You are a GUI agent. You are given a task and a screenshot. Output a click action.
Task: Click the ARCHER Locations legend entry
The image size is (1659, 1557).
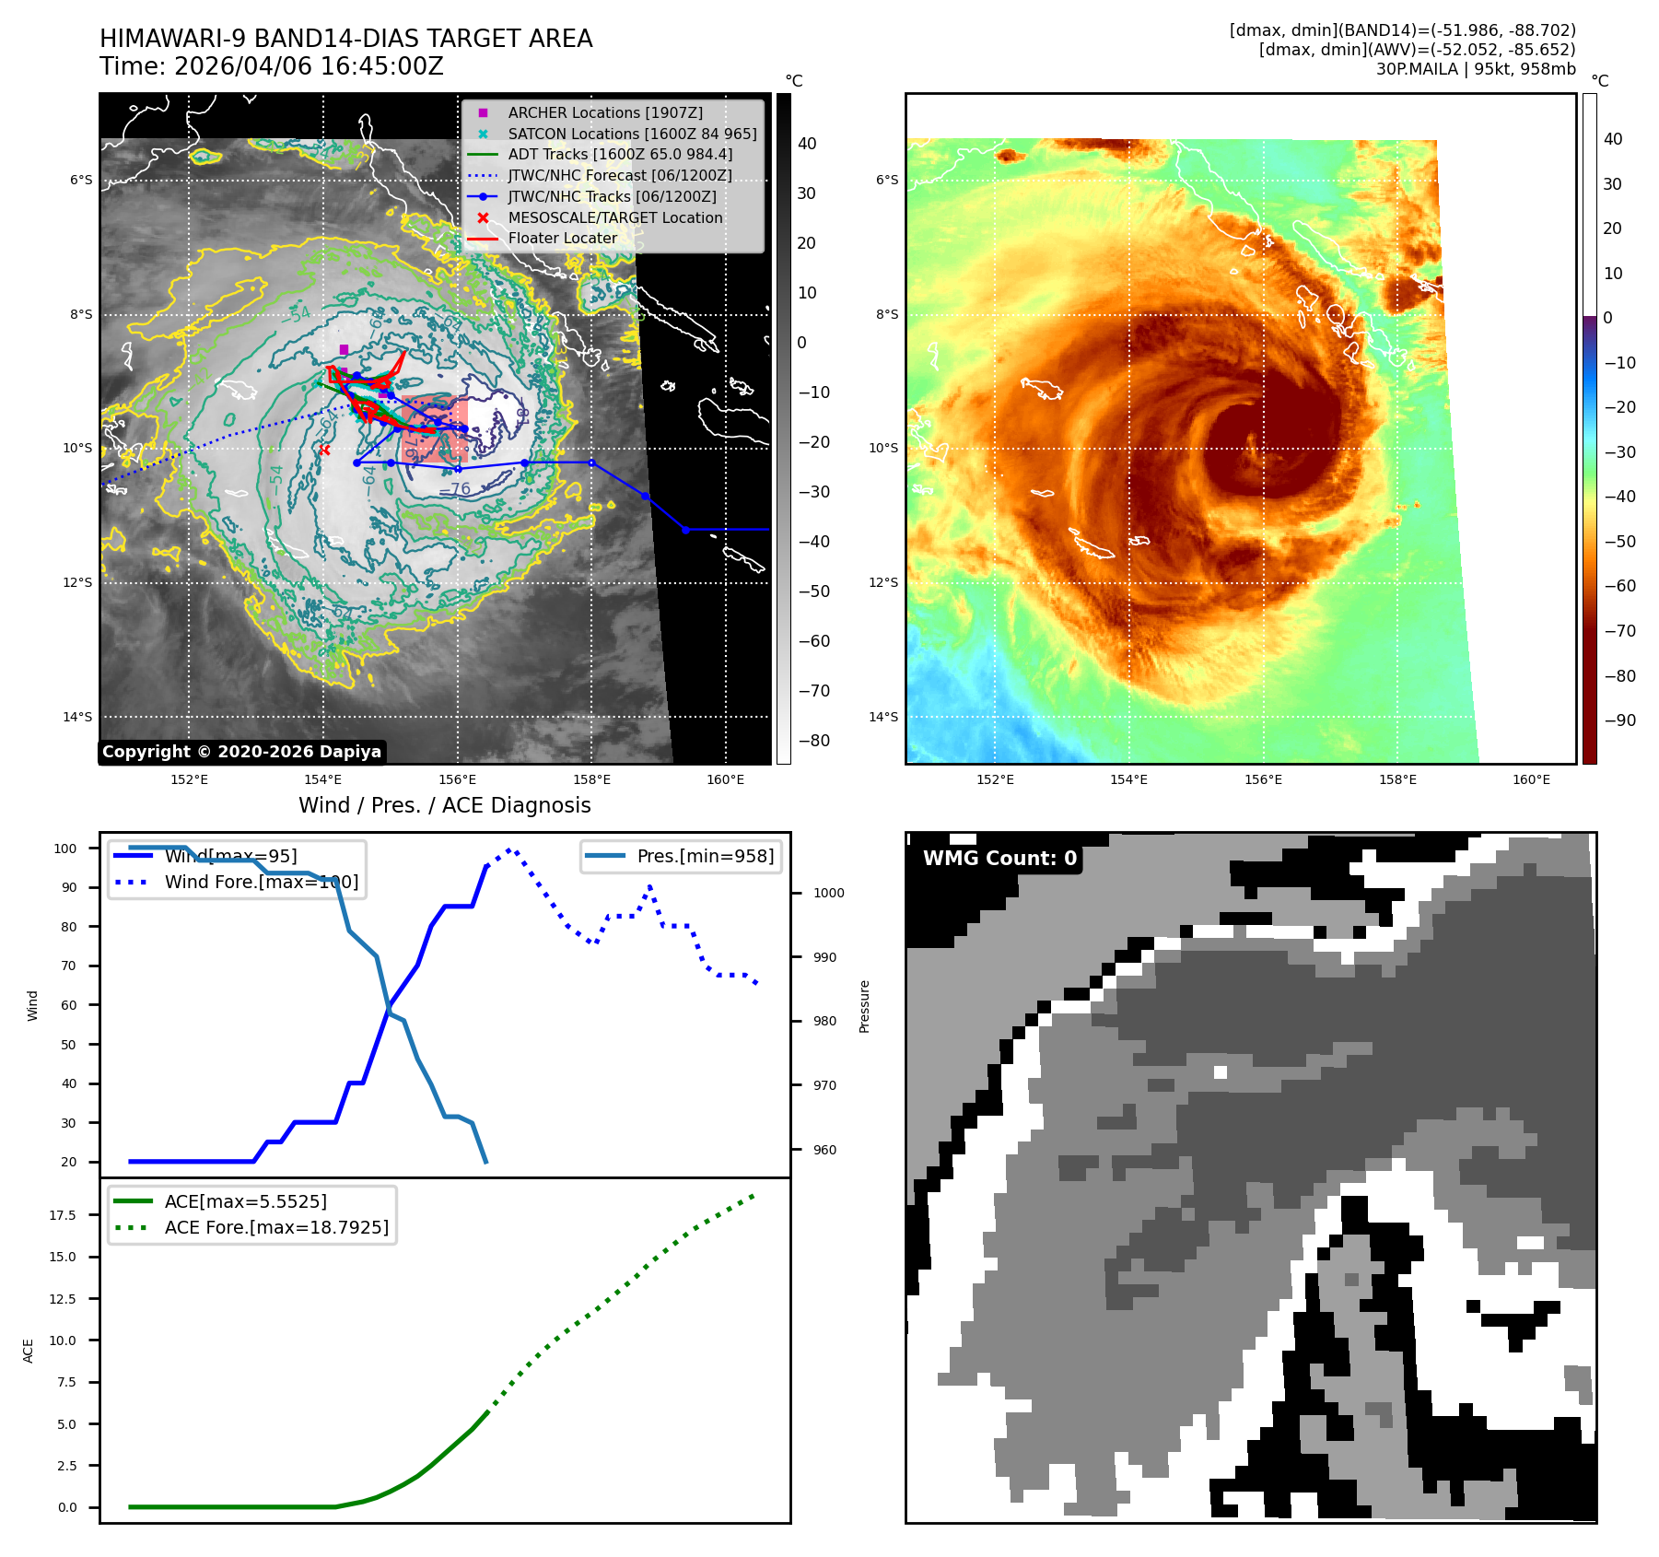tap(604, 112)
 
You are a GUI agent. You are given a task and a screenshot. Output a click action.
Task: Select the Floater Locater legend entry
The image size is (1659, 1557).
tap(562, 238)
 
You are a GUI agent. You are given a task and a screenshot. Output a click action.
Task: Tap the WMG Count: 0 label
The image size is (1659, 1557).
tap(999, 859)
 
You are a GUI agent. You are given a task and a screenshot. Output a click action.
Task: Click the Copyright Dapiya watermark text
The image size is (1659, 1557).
tap(241, 752)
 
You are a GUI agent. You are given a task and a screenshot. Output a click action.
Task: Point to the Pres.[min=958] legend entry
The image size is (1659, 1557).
tap(705, 856)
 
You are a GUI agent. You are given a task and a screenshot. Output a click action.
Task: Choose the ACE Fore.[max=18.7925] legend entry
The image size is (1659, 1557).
tap(276, 1227)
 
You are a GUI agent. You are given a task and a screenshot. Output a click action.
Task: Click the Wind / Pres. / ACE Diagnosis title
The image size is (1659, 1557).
tap(444, 805)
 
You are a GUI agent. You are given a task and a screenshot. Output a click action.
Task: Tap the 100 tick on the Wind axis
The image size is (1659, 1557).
tap(65, 849)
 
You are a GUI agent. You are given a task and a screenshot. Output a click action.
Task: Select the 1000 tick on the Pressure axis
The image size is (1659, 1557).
tap(828, 893)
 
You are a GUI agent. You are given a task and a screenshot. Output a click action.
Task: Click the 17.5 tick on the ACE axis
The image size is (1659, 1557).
tap(63, 1215)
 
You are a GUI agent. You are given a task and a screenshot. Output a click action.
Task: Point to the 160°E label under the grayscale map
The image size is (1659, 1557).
tap(725, 779)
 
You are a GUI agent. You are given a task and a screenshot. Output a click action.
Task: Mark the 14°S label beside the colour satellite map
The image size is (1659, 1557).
tap(883, 717)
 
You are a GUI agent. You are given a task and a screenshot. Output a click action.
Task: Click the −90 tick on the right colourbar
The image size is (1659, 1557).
tap(1619, 720)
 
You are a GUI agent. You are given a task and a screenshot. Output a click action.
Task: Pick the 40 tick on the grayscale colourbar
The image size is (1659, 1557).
tap(807, 144)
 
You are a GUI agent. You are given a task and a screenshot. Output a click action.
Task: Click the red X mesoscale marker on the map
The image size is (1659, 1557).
tap(324, 451)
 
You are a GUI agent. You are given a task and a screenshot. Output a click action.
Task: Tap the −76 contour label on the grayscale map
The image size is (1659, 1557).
tap(454, 489)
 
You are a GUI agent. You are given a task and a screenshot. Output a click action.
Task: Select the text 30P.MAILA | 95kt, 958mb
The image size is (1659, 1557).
tap(1476, 69)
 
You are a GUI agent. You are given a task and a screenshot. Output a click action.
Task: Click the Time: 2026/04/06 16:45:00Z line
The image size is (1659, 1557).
tap(272, 66)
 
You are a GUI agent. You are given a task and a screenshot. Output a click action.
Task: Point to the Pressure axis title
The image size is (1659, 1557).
tap(864, 1006)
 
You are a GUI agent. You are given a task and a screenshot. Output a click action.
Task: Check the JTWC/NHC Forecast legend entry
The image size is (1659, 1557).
tap(619, 175)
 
